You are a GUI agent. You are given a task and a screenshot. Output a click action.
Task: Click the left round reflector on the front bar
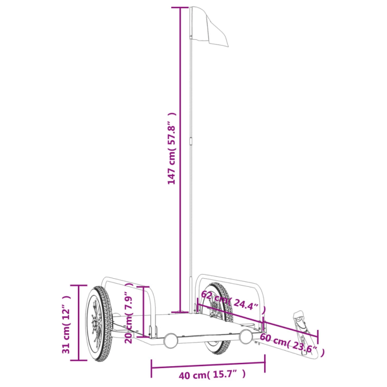pyautogui.click(x=170, y=341)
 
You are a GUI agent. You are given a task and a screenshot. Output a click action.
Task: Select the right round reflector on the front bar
pyautogui.click(x=246, y=337)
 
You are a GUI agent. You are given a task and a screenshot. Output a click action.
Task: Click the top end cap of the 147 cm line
pyautogui.click(x=180, y=8)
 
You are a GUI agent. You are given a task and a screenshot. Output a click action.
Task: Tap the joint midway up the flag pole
pyautogui.click(x=191, y=140)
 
